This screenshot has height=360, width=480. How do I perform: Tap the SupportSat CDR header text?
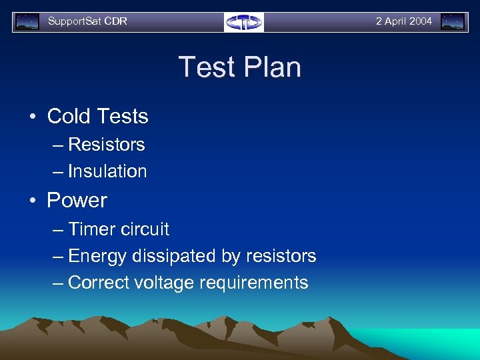[87, 21]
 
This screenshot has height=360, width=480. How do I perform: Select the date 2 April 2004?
[403, 21]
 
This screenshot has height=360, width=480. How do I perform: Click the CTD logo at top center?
[243, 22]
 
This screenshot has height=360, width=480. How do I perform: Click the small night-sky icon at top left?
[27, 22]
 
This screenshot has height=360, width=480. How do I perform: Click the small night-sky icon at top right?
[453, 22]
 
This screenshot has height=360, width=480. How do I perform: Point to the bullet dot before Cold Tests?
[32, 117]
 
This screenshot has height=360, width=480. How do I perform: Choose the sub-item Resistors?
[106, 145]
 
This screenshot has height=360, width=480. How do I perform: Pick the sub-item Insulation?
[107, 171]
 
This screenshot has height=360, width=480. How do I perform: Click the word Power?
[77, 201]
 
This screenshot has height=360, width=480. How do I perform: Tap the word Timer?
[91, 229]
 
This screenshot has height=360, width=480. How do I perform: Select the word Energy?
[97, 256]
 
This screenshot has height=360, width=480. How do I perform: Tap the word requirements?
[252, 283]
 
